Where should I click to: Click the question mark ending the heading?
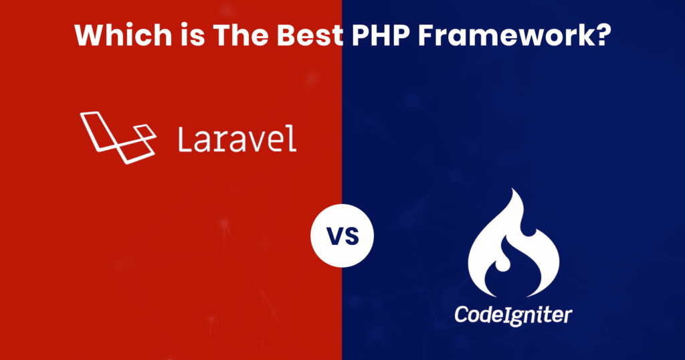[x=601, y=35]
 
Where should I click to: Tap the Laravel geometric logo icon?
[x=118, y=137]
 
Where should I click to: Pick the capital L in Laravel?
[x=184, y=139]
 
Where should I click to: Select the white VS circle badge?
[x=342, y=236]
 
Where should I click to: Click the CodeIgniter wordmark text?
[x=513, y=314]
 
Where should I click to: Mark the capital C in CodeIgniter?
[x=462, y=314]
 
